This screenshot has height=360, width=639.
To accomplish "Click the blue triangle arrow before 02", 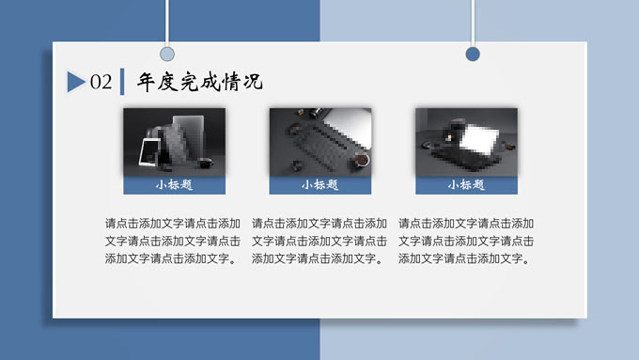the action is click(x=75, y=82).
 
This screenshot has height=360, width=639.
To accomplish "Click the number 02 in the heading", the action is click(x=101, y=82).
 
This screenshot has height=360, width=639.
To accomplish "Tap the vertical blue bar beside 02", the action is click(x=122, y=82).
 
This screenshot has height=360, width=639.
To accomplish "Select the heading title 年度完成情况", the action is click(x=199, y=82).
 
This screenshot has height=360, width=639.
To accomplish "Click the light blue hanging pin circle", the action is click(x=167, y=54).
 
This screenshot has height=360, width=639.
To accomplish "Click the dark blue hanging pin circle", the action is click(x=473, y=54).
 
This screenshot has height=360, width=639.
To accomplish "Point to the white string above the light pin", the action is click(x=167, y=23).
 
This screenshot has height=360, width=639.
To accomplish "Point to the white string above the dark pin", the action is click(x=473, y=23).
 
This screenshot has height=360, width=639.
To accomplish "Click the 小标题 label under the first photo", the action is click(x=174, y=185).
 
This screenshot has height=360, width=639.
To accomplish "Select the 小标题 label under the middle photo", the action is click(x=319, y=185).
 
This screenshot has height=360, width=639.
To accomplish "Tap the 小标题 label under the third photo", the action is click(x=466, y=185).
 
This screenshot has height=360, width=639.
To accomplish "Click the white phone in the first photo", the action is click(x=149, y=152).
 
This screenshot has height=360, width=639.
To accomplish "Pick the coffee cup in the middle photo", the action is click(x=361, y=159).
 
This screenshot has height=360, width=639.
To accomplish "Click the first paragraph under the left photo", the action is click(x=173, y=241).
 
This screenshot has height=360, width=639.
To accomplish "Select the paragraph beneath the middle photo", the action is click(x=319, y=241).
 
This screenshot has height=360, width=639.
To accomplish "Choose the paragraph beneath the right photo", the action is click(x=466, y=241).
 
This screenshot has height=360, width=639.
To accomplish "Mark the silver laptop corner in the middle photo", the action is click(x=351, y=126).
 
